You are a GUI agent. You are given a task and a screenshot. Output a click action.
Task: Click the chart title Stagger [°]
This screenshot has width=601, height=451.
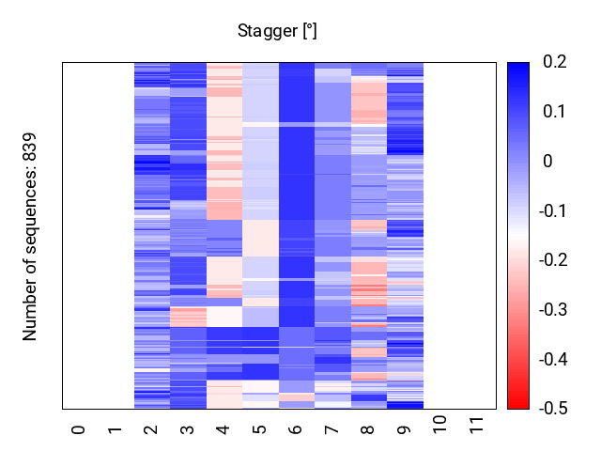[x=277, y=32]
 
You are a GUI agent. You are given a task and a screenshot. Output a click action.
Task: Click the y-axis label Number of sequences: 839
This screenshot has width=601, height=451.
[x=30, y=236]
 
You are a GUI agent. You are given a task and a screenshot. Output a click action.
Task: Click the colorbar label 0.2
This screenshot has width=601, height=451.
[x=554, y=63]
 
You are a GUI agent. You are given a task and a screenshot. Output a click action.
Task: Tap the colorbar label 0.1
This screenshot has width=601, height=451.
[x=554, y=112]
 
